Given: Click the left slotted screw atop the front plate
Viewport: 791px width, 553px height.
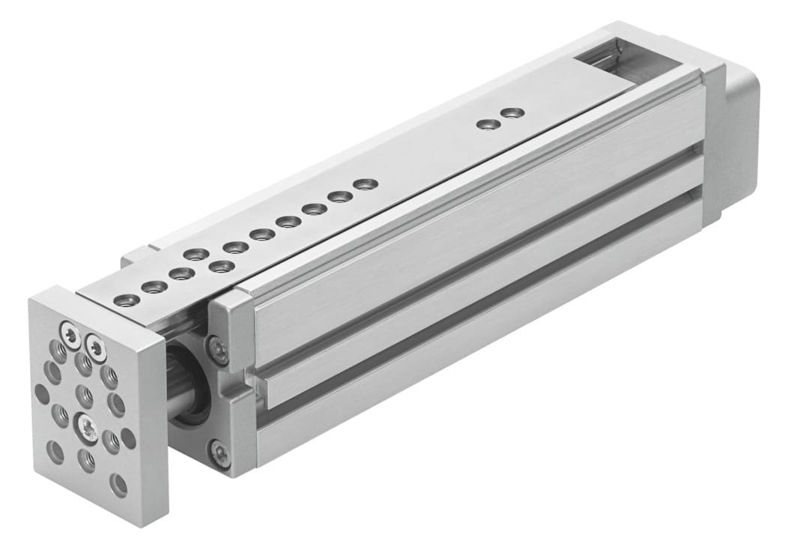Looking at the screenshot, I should click(70, 336).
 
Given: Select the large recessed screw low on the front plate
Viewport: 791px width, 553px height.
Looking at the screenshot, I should click(87, 429).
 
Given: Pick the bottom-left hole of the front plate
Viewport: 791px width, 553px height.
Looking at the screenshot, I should click(55, 451).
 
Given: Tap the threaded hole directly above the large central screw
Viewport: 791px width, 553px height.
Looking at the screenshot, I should click(85, 394).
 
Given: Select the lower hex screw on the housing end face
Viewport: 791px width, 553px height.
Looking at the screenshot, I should click(219, 451).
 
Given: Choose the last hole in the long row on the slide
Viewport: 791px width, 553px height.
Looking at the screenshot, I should click(365, 184).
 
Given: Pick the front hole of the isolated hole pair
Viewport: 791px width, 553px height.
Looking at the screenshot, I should click(488, 124).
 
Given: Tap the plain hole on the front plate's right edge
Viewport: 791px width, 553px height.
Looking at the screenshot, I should click(128, 435).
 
